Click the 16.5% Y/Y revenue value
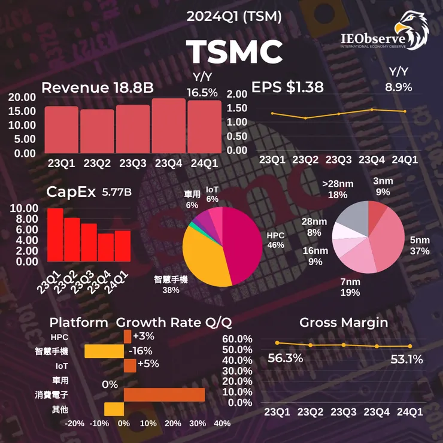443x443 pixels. pyautogui.click(x=202, y=92)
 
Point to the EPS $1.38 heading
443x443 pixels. pyautogui.click(x=287, y=87)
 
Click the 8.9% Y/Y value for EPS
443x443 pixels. pyautogui.click(x=398, y=87)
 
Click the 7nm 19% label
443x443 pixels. pyautogui.click(x=350, y=287)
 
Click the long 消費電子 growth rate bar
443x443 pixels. pyautogui.click(x=164, y=395)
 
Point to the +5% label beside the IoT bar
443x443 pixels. pyautogui.click(x=147, y=364)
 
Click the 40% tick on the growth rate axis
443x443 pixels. pyautogui.click(x=222, y=424)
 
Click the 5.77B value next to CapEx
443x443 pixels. pyautogui.click(x=117, y=192)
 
